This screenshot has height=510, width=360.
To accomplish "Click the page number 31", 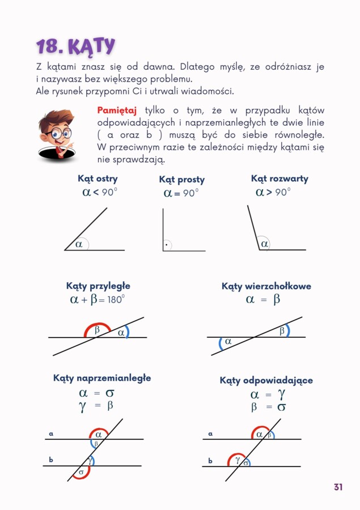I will [338, 487].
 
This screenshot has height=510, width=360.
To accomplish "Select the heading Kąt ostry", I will [98, 179].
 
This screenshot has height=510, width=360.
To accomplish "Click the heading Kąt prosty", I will [181, 180].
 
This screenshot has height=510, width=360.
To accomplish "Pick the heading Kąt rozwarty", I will [279, 179].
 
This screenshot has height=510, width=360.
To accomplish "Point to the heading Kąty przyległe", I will [98, 286].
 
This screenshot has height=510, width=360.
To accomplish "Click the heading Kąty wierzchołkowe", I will [266, 286].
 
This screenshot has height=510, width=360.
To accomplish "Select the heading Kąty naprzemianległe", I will [102, 378].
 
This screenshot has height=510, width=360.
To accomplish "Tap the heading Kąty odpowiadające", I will [266, 380].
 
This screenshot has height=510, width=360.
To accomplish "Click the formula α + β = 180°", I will [97, 300].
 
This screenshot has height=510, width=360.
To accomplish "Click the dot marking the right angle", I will [166, 246].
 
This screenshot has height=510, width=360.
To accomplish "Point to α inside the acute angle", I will [79, 245].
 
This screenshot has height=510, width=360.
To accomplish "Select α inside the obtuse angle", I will [264, 245].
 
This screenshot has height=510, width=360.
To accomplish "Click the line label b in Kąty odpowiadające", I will [210, 461].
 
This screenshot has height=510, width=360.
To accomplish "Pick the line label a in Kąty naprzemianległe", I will [50, 434].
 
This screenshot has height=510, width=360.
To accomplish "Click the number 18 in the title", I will [49, 46].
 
